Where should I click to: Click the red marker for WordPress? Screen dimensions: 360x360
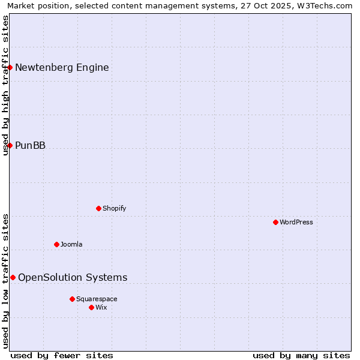pyautogui.click(x=275, y=222)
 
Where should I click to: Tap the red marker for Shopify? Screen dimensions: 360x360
pyautogui.click(x=98, y=208)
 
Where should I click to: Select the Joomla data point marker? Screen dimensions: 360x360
pyautogui.click(x=56, y=244)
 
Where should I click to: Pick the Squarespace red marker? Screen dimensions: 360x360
pyautogui.click(x=72, y=299)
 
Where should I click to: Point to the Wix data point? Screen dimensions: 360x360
pyautogui.click(x=91, y=307)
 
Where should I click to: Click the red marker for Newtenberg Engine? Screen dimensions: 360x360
pyautogui.click(x=10, y=67)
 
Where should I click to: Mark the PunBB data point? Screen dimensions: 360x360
pyautogui.click(x=10, y=145)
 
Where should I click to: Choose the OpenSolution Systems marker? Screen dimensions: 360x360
pyautogui.click(x=13, y=277)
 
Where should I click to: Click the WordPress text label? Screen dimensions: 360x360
pyautogui.click(x=296, y=222)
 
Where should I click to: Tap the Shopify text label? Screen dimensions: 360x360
pyautogui.click(x=114, y=208)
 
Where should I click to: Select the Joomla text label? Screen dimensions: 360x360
pyautogui.click(x=71, y=244)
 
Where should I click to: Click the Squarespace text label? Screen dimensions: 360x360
pyautogui.click(x=97, y=299)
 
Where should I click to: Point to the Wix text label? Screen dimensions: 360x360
pyautogui.click(x=101, y=307)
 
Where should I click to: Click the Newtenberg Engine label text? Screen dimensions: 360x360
pyautogui.click(x=62, y=67)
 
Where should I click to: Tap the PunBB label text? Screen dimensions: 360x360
pyautogui.click(x=30, y=145)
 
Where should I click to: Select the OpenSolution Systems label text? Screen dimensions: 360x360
pyautogui.click(x=73, y=277)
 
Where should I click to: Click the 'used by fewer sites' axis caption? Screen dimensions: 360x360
pyautogui.click(x=62, y=355)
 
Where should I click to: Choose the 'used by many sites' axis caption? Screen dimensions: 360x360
pyautogui.click(x=301, y=355)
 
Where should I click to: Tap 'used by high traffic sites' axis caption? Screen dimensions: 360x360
pyautogui.click(x=6, y=85)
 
